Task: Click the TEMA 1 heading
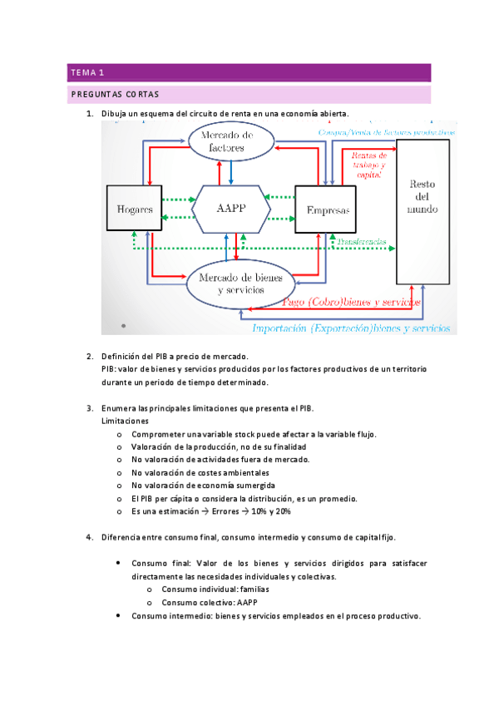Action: click(87, 72)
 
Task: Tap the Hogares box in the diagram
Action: click(134, 210)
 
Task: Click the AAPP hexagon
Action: click(230, 209)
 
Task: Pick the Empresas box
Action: click(327, 210)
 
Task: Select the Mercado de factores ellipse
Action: click(230, 141)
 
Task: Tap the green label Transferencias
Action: click(362, 241)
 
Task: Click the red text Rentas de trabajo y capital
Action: click(368, 165)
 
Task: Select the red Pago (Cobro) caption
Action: click(351, 303)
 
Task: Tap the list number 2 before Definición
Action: click(90, 356)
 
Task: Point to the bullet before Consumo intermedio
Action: click(123, 616)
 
